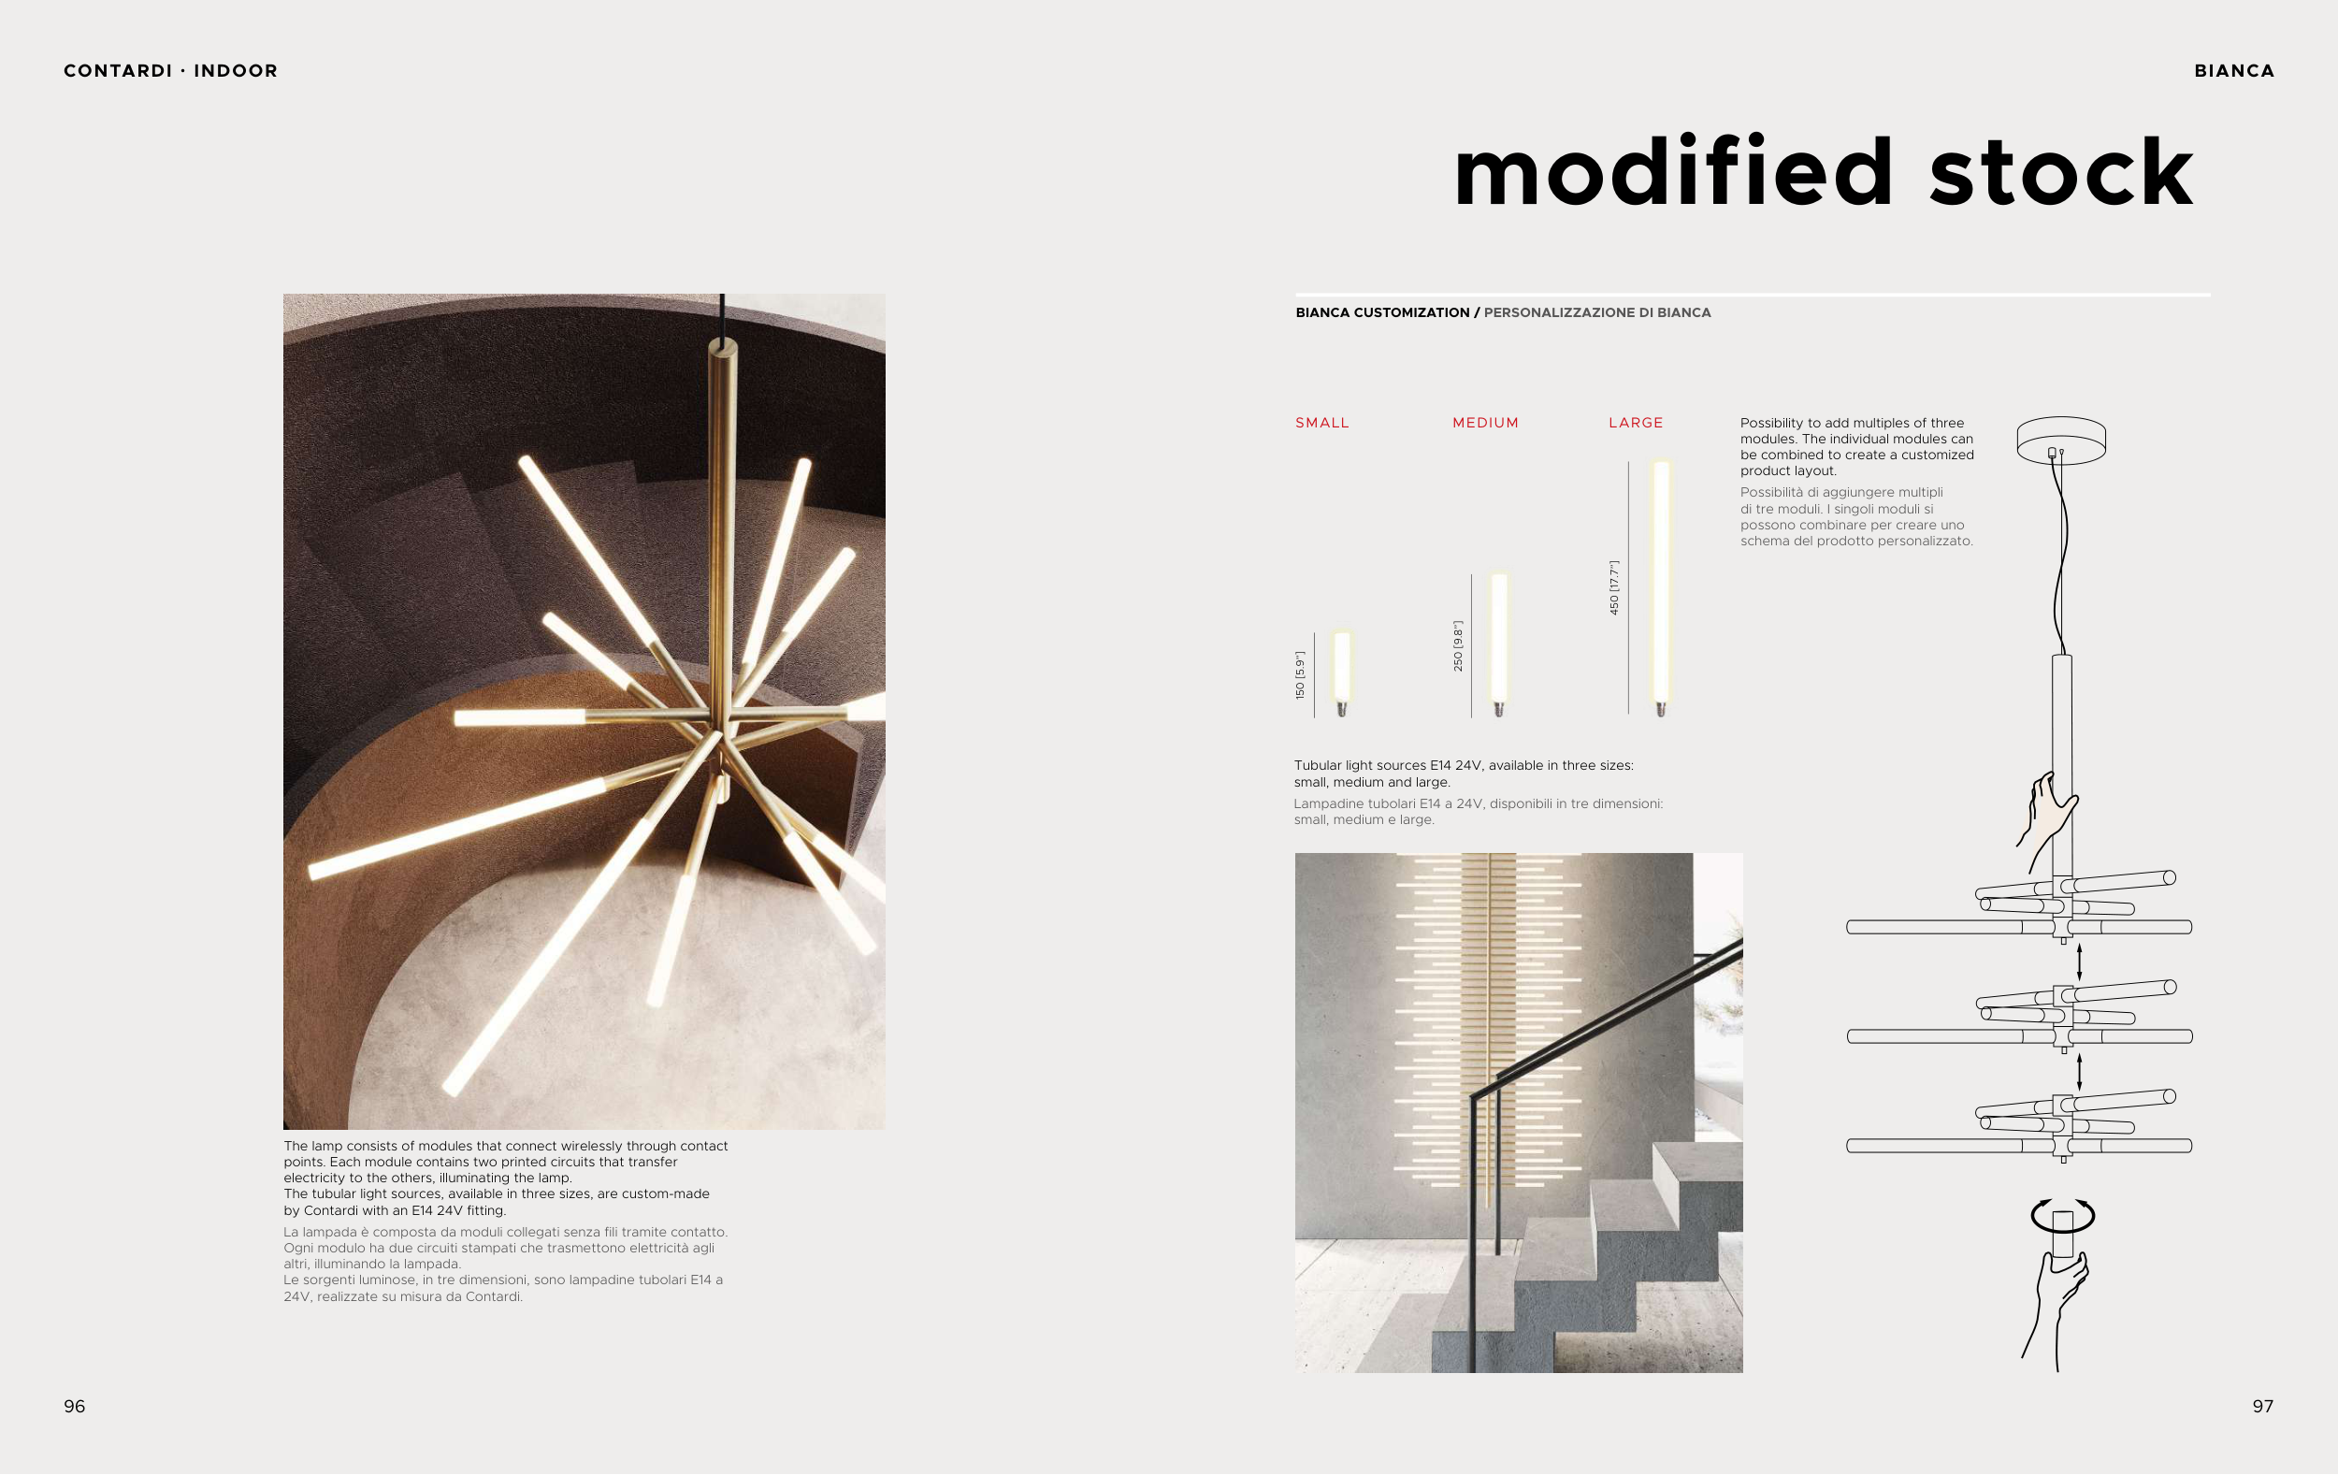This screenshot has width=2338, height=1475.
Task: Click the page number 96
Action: [75, 1406]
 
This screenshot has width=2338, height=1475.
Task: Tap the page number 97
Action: [2263, 1406]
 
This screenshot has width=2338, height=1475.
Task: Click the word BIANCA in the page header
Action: [2234, 71]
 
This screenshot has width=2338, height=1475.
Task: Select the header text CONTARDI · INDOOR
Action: [171, 71]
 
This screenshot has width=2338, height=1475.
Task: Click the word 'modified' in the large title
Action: [1673, 172]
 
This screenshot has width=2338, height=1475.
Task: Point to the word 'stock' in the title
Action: [2061, 172]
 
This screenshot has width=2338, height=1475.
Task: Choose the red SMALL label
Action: [1322, 423]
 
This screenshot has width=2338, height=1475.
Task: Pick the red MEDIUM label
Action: [1485, 423]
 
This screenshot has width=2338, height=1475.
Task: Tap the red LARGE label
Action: [1636, 423]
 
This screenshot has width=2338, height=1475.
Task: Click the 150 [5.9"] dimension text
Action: [1300, 675]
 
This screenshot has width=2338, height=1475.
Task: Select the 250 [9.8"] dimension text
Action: [1457, 645]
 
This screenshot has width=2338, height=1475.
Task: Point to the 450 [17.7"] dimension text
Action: [1613, 587]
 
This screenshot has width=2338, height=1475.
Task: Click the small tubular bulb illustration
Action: [1342, 673]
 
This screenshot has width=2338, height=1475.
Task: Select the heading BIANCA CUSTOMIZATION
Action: [1382, 312]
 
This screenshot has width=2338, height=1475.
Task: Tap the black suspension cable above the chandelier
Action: [722, 316]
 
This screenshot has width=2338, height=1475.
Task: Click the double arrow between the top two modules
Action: [2079, 962]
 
